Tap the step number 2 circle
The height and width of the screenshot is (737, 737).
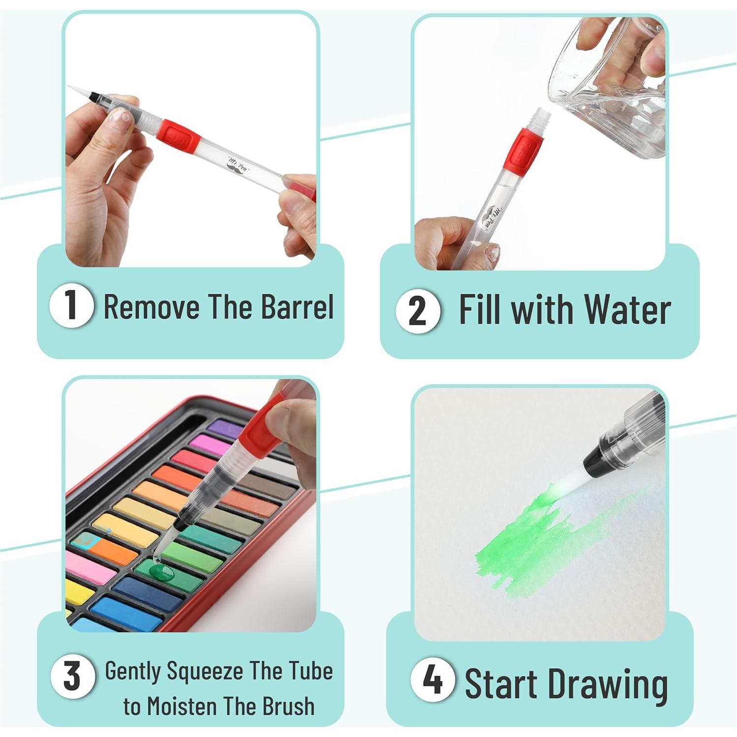418,311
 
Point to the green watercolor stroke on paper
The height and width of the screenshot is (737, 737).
531,546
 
